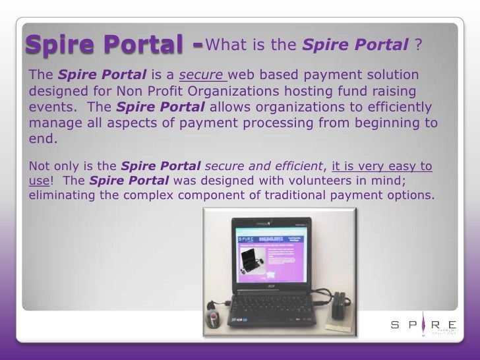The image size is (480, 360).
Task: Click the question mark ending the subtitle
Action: tap(418, 45)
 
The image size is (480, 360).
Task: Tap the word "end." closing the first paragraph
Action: tap(42, 139)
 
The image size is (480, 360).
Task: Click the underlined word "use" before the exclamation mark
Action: tap(38, 180)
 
